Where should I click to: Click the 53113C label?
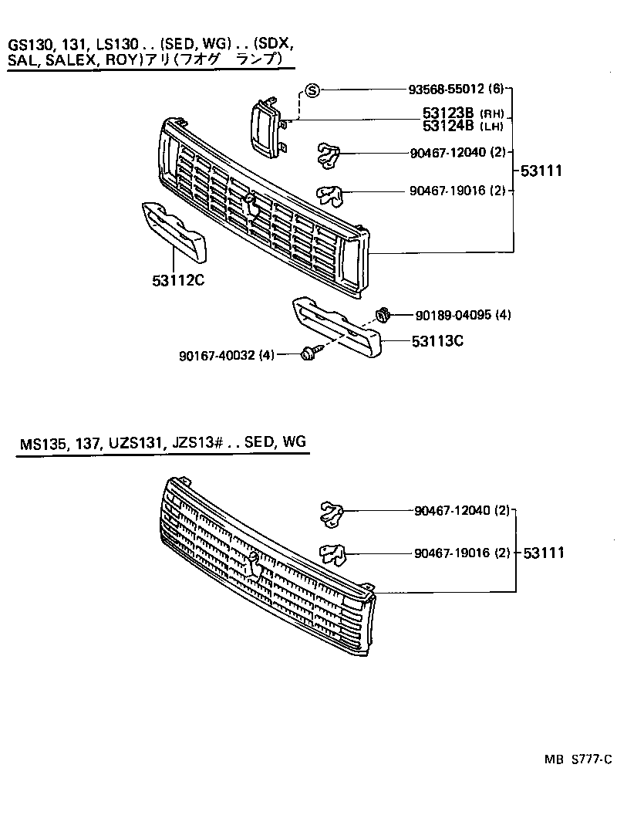coord(437,340)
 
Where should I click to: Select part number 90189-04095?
coord(452,315)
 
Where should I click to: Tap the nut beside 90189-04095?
coord(383,314)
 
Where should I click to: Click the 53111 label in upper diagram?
coord(541,171)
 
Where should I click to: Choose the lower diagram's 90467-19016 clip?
coord(332,554)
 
